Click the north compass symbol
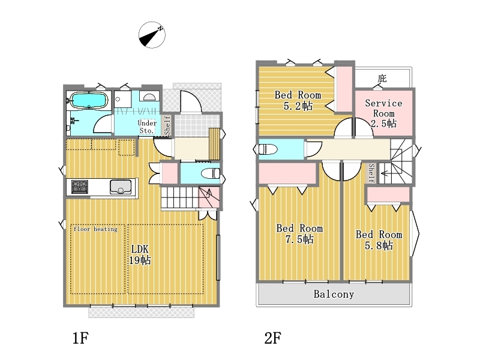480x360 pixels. click(x=152, y=35)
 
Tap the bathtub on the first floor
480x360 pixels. click(x=89, y=100)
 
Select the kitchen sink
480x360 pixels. click(x=121, y=187)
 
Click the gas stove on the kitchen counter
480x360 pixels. click(x=80, y=187)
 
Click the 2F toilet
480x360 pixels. click(x=268, y=149)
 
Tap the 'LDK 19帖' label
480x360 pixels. click(x=140, y=254)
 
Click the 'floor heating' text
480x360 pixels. click(x=95, y=229)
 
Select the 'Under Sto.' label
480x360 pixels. click(x=147, y=127)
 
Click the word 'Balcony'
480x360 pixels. click(x=334, y=294)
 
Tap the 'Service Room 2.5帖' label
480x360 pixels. click(x=383, y=113)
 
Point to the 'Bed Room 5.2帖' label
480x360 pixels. click(x=298, y=100)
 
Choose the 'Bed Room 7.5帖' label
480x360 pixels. click(x=299, y=233)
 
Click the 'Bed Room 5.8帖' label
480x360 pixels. click(x=379, y=240)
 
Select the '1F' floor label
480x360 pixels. click(x=80, y=338)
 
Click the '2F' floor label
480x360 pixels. click(x=273, y=338)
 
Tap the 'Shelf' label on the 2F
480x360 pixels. click(x=371, y=173)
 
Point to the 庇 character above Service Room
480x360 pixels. click(x=382, y=79)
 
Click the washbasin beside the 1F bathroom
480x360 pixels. click(x=149, y=97)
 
